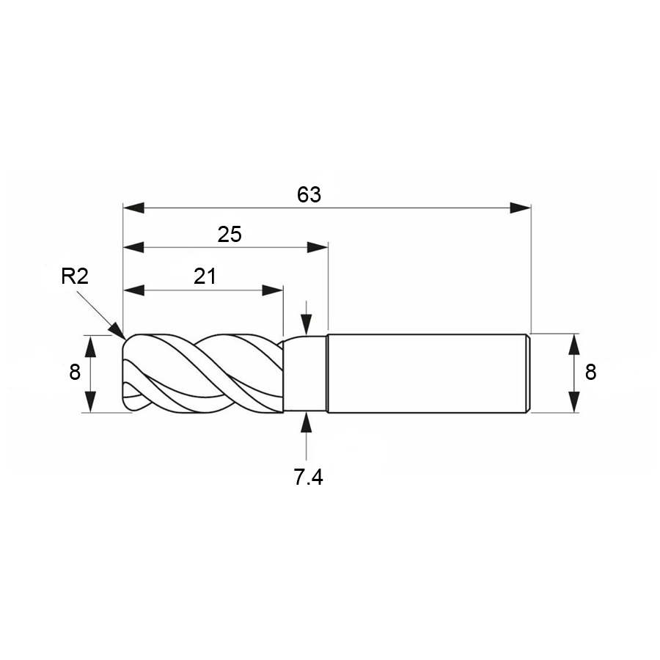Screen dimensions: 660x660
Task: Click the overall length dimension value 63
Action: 309,195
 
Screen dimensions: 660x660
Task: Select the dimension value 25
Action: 230,235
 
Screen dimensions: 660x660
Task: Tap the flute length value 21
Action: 205,276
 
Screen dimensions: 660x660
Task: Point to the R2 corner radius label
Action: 75,276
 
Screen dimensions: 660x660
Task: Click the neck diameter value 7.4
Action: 309,477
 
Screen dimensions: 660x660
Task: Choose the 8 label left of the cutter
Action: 75,373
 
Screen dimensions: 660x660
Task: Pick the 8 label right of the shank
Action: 590,373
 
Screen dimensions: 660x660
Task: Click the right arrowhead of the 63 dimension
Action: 520,208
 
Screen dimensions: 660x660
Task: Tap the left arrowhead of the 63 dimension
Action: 133,208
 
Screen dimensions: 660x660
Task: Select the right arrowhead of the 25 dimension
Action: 318,247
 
